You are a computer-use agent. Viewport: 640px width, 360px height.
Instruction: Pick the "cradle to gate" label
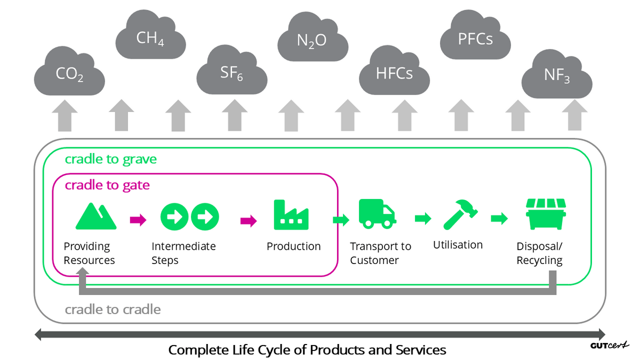point(107,185)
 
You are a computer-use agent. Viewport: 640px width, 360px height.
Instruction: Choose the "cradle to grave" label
point(111,159)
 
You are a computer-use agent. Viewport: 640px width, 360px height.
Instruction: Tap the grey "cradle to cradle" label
point(113,309)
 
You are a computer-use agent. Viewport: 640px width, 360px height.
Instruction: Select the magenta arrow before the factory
point(248,220)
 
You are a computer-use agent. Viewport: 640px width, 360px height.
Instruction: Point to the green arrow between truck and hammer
point(423,218)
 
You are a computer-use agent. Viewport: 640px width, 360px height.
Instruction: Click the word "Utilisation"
point(458,245)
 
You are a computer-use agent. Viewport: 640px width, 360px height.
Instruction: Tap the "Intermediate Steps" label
point(183,253)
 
